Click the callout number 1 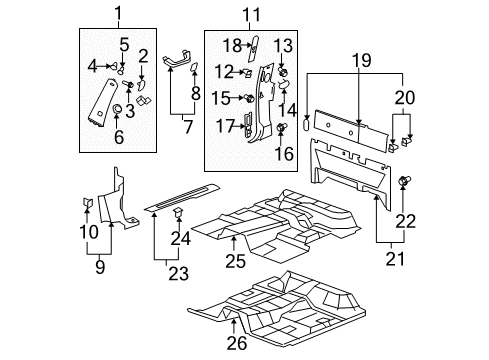117,13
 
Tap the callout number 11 249,13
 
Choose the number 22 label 406,221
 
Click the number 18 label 231,44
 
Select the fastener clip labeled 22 406,181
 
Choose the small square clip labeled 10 86,204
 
